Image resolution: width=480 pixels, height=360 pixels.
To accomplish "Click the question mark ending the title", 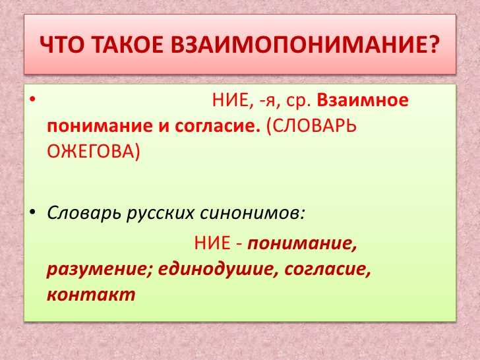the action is click(x=430, y=44).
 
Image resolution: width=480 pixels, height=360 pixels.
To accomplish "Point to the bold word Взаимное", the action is click(x=363, y=100).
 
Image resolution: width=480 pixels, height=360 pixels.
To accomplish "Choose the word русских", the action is click(x=160, y=214).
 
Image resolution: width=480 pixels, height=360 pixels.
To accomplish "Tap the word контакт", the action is click(x=91, y=295).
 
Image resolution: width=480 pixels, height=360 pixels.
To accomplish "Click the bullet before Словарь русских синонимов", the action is click(x=32, y=212).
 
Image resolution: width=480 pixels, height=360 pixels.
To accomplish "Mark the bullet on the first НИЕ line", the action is click(x=32, y=100).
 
